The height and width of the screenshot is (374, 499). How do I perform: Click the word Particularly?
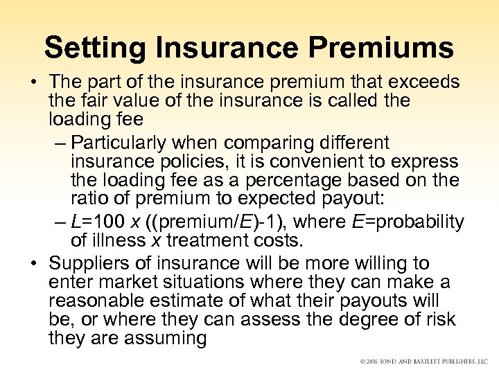122,143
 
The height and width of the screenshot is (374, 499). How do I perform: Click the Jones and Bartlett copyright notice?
423,362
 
